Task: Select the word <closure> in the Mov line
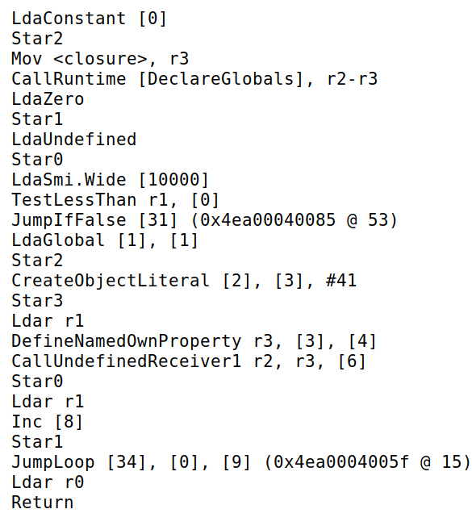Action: (100, 59)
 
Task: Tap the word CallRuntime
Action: (69, 79)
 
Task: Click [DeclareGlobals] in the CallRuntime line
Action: (221, 79)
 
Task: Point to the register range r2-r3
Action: (353, 79)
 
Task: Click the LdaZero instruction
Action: (48, 99)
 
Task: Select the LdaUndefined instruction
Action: (74, 140)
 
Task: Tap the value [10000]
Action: (173, 180)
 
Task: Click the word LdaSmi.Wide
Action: (69, 180)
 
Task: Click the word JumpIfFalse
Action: (69, 220)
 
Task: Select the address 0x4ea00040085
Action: (268, 220)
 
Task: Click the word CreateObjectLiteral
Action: (111, 281)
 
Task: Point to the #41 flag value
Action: (341, 281)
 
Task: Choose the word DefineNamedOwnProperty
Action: (127, 341)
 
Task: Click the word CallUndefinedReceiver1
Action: (127, 361)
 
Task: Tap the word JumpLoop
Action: (53, 462)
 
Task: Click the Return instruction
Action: (43, 503)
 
